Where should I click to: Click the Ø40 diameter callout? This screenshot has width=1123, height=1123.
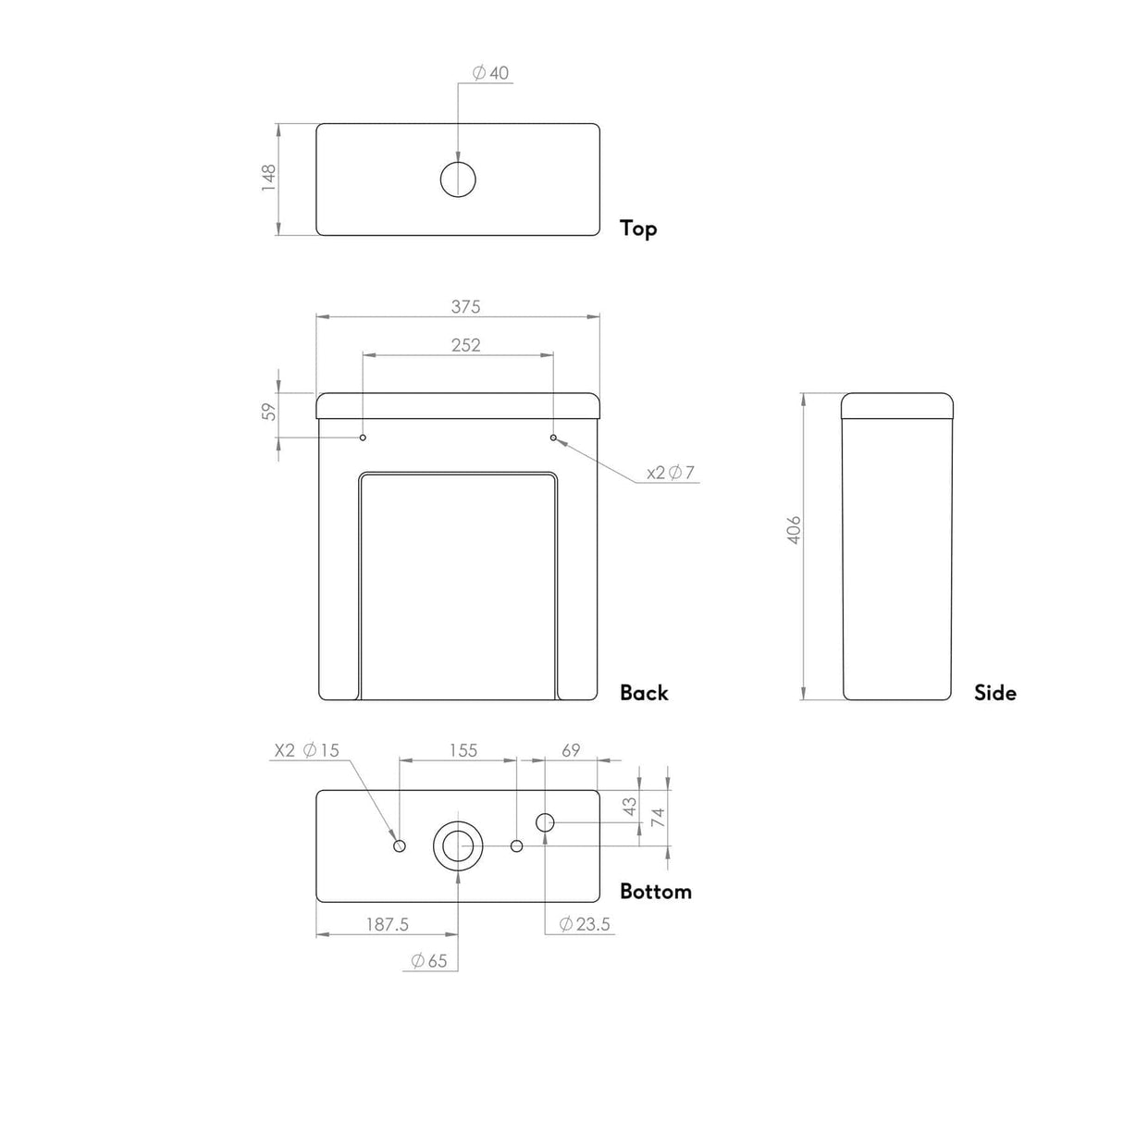tap(491, 73)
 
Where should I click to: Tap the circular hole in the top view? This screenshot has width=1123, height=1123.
tap(458, 179)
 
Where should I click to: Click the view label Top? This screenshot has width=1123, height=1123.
tap(638, 228)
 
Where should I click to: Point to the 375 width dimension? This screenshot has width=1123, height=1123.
tap(465, 306)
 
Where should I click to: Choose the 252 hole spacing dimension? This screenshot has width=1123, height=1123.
tap(465, 344)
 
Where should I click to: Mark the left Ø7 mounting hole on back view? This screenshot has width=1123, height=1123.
tap(363, 437)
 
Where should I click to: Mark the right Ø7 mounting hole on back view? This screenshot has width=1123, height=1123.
tap(553, 437)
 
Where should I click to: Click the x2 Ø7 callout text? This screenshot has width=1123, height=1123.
tap(671, 473)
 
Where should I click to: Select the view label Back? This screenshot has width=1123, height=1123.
tap(644, 693)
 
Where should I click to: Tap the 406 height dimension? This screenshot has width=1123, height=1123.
tap(794, 530)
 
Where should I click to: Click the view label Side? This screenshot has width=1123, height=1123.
tap(994, 693)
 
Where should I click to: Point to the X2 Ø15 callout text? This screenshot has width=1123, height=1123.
tap(307, 750)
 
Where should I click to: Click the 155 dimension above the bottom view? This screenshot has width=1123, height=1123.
tap(463, 750)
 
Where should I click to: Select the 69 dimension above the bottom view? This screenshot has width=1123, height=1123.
tap(571, 750)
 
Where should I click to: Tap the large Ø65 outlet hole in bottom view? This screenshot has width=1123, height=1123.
tap(458, 846)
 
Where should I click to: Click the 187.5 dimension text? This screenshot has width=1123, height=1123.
tap(387, 924)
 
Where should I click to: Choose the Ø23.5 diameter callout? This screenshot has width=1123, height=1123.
tap(585, 924)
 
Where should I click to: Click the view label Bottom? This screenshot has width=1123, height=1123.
tap(655, 892)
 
